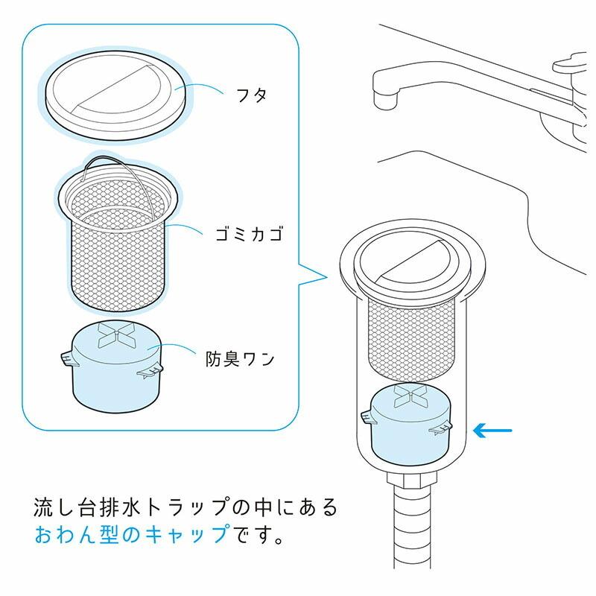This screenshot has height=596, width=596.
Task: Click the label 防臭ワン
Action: click(x=240, y=358)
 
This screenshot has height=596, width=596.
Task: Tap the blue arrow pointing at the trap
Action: click(x=494, y=430)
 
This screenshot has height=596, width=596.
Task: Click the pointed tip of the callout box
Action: click(x=326, y=279)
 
